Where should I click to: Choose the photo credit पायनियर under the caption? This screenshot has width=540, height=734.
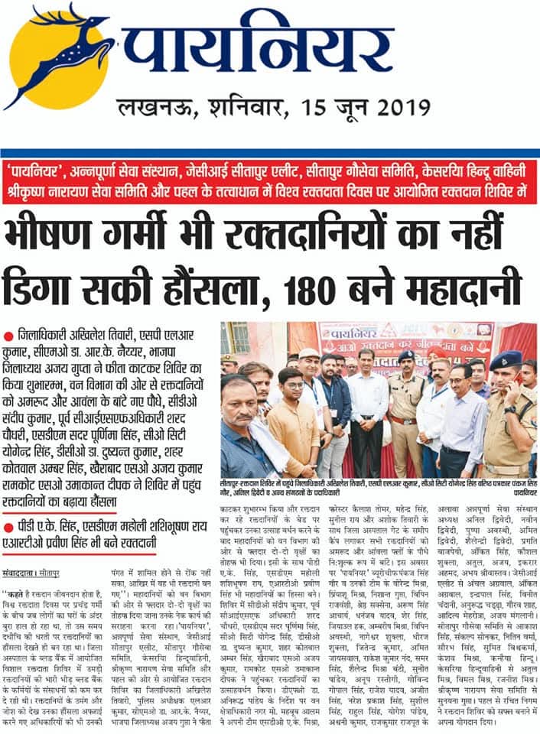(522, 493)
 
